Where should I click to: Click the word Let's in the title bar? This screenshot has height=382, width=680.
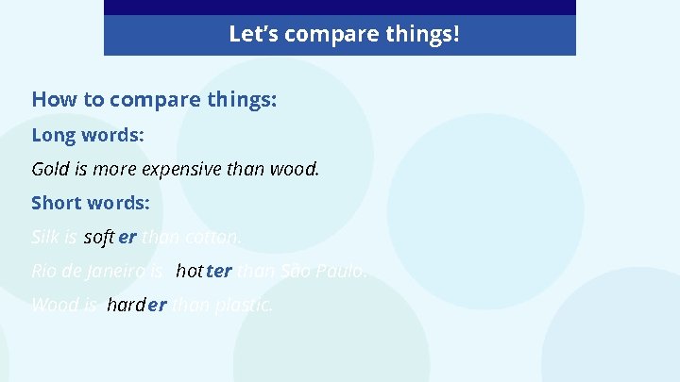[252, 35]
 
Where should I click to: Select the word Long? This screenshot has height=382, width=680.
[53, 135]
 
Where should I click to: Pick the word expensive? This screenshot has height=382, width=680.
[181, 170]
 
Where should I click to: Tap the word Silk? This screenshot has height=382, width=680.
[44, 238]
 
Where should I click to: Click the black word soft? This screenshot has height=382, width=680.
[98, 238]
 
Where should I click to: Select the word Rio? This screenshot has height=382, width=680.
[44, 272]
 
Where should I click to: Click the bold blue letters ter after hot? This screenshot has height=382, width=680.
[218, 272]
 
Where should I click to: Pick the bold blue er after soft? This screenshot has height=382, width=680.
[127, 238]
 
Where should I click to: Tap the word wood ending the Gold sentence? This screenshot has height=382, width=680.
[300, 170]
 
